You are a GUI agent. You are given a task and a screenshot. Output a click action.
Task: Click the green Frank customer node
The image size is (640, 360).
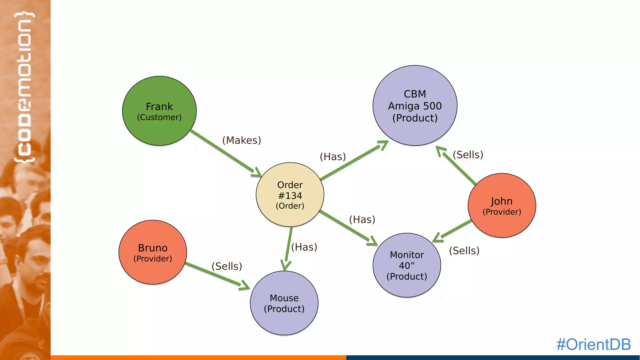coord(159,111)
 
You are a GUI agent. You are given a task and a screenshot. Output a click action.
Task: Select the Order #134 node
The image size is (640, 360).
coord(290,195)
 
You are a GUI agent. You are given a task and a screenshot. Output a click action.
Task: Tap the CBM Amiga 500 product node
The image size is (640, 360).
coord(415,106)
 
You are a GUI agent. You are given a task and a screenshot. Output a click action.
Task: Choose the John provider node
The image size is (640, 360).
coord(502,206)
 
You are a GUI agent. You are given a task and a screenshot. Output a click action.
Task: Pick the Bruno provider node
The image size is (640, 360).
coord(153,252)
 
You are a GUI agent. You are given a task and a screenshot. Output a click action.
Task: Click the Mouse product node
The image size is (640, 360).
coord(284,303)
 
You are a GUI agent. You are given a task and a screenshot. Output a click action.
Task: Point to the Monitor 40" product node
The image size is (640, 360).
coord(407,265)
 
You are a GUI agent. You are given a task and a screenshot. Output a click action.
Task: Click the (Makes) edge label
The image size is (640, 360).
coord(242,140)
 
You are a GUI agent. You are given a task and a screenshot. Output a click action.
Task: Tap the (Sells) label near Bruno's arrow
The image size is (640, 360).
coord(227,266)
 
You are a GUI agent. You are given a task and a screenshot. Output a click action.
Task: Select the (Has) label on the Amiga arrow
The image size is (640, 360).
coord(333,157)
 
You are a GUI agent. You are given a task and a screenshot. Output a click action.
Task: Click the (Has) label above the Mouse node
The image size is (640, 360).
coord(304,247)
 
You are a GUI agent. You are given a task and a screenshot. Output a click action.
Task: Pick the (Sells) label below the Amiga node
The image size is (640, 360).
coord(468,155)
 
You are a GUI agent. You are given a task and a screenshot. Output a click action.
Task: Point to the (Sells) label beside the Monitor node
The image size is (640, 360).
coord(464,251)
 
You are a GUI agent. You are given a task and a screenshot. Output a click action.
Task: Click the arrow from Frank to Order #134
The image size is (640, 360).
coord(225,152)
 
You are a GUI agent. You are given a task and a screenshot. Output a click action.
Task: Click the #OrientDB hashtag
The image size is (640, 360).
coord(593,344)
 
